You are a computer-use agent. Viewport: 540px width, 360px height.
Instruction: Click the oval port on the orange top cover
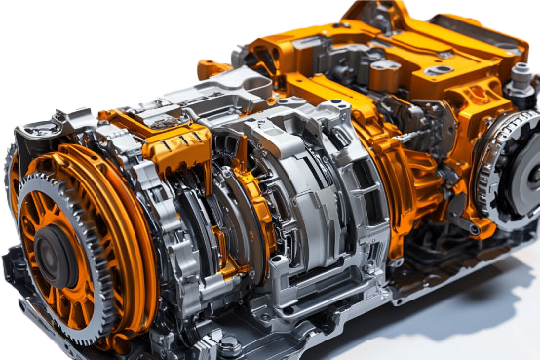point(440,70)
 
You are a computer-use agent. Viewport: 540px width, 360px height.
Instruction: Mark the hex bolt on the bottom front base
point(230,343)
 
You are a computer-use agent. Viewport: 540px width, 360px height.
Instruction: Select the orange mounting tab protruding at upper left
point(212,68)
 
